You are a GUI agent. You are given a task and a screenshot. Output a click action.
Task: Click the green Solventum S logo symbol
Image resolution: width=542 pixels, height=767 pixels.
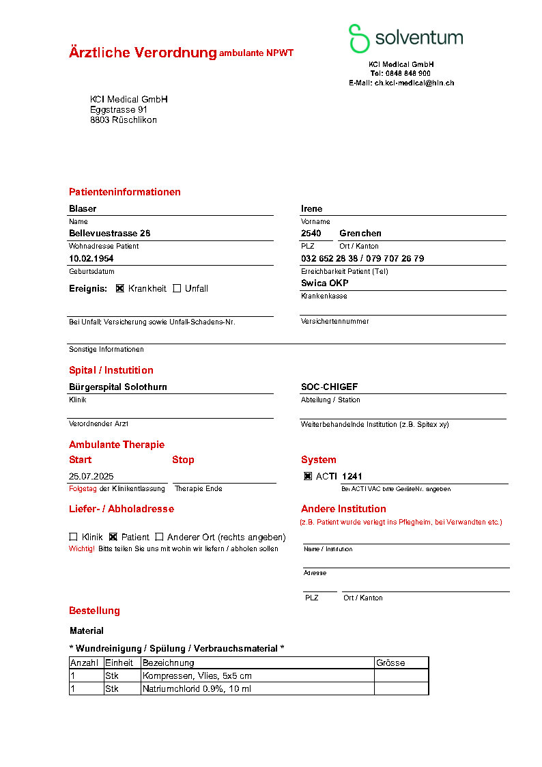[x=358, y=38]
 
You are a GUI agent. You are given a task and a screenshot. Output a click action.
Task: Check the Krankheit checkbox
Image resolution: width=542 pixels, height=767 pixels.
[x=120, y=288]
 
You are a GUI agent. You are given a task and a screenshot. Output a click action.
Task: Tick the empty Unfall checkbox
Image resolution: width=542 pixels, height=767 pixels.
[x=177, y=288]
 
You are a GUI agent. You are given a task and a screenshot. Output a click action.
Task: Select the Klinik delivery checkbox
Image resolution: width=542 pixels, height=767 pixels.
[x=73, y=537]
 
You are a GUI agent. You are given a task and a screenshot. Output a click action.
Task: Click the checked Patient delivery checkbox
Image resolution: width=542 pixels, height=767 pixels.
[x=113, y=537]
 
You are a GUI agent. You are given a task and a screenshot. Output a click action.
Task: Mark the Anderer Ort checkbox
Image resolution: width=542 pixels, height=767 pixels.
[x=159, y=537]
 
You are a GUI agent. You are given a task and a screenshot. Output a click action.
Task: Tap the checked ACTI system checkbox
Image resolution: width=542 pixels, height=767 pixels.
[x=308, y=476]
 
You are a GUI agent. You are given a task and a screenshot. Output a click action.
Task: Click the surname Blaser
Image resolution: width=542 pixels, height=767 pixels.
[x=83, y=208]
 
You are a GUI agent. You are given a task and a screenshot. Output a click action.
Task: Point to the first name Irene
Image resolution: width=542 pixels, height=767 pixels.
[x=311, y=208]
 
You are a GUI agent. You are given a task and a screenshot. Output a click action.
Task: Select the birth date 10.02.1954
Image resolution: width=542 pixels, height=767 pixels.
[x=91, y=258]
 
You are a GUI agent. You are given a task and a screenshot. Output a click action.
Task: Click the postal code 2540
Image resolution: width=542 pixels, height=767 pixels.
[x=311, y=233]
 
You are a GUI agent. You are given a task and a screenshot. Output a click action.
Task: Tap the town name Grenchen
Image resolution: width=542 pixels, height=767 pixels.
[x=360, y=233]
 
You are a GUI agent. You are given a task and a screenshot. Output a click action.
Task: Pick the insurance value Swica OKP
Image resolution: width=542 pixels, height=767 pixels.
[x=324, y=283]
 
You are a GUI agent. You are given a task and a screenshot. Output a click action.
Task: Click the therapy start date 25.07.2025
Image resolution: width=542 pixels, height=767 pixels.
[x=91, y=476]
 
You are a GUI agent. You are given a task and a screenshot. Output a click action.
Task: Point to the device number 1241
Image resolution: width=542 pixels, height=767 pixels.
[x=352, y=476]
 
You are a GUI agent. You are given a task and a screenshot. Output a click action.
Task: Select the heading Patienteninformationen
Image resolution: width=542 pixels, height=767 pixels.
[x=125, y=192]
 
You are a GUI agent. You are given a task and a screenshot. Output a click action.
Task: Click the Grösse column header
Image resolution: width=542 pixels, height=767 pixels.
[x=390, y=663]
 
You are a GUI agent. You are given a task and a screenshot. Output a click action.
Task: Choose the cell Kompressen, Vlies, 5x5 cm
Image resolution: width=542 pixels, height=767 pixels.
[x=197, y=675]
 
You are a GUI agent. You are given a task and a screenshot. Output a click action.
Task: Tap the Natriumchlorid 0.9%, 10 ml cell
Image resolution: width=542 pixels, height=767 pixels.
[x=197, y=688]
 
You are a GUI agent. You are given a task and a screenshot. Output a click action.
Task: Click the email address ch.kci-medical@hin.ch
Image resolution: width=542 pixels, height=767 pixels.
[x=414, y=83]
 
